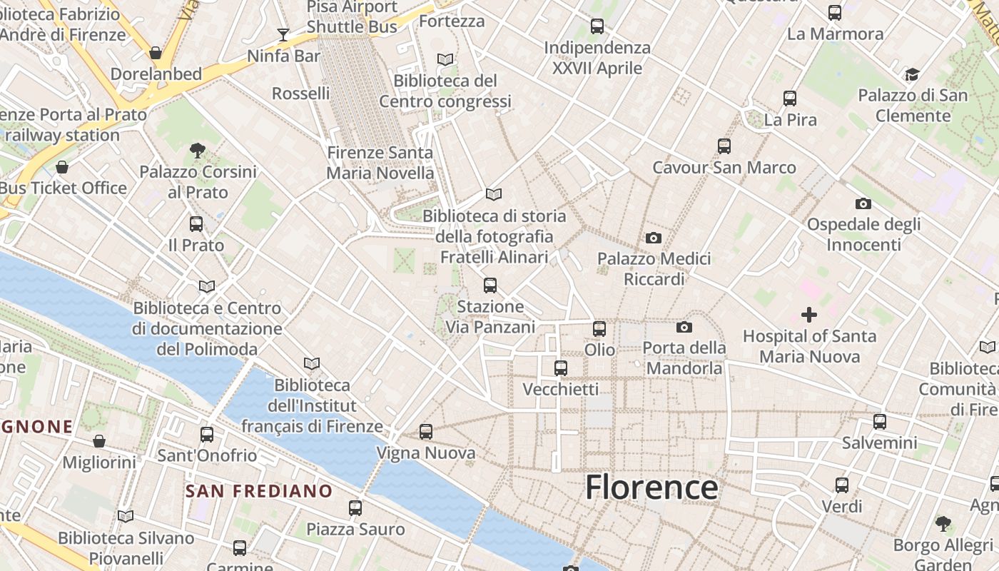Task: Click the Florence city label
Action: (x=651, y=487)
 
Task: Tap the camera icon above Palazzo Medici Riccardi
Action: (x=653, y=238)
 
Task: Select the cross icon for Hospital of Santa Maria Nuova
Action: (x=808, y=314)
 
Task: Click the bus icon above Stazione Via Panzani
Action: (x=490, y=285)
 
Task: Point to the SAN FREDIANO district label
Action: (x=259, y=491)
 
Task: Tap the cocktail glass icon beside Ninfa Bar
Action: (x=283, y=34)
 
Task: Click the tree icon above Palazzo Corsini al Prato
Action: (x=198, y=150)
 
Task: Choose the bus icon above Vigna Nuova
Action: (x=426, y=431)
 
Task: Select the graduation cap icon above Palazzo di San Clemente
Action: (x=912, y=74)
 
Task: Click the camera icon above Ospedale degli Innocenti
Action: (x=863, y=203)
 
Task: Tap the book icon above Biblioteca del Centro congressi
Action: (x=445, y=59)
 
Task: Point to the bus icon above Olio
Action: (x=599, y=328)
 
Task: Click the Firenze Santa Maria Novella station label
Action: (x=380, y=163)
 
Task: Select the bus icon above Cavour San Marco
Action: (x=724, y=146)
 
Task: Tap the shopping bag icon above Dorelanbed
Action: (x=156, y=53)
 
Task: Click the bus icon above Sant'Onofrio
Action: (x=207, y=434)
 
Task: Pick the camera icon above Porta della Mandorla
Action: (x=684, y=327)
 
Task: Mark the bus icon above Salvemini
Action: (x=880, y=421)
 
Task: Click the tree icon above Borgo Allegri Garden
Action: (x=943, y=524)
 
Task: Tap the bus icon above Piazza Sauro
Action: (x=355, y=507)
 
